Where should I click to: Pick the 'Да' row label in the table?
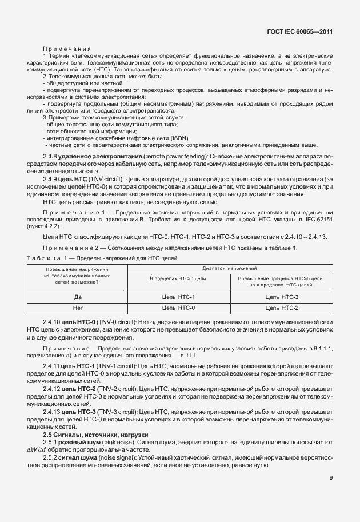coord(79,297)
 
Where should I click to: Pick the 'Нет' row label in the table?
coord(79,308)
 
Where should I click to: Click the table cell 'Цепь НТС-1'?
coord(178,297)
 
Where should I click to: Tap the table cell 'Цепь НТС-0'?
coord(178,308)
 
